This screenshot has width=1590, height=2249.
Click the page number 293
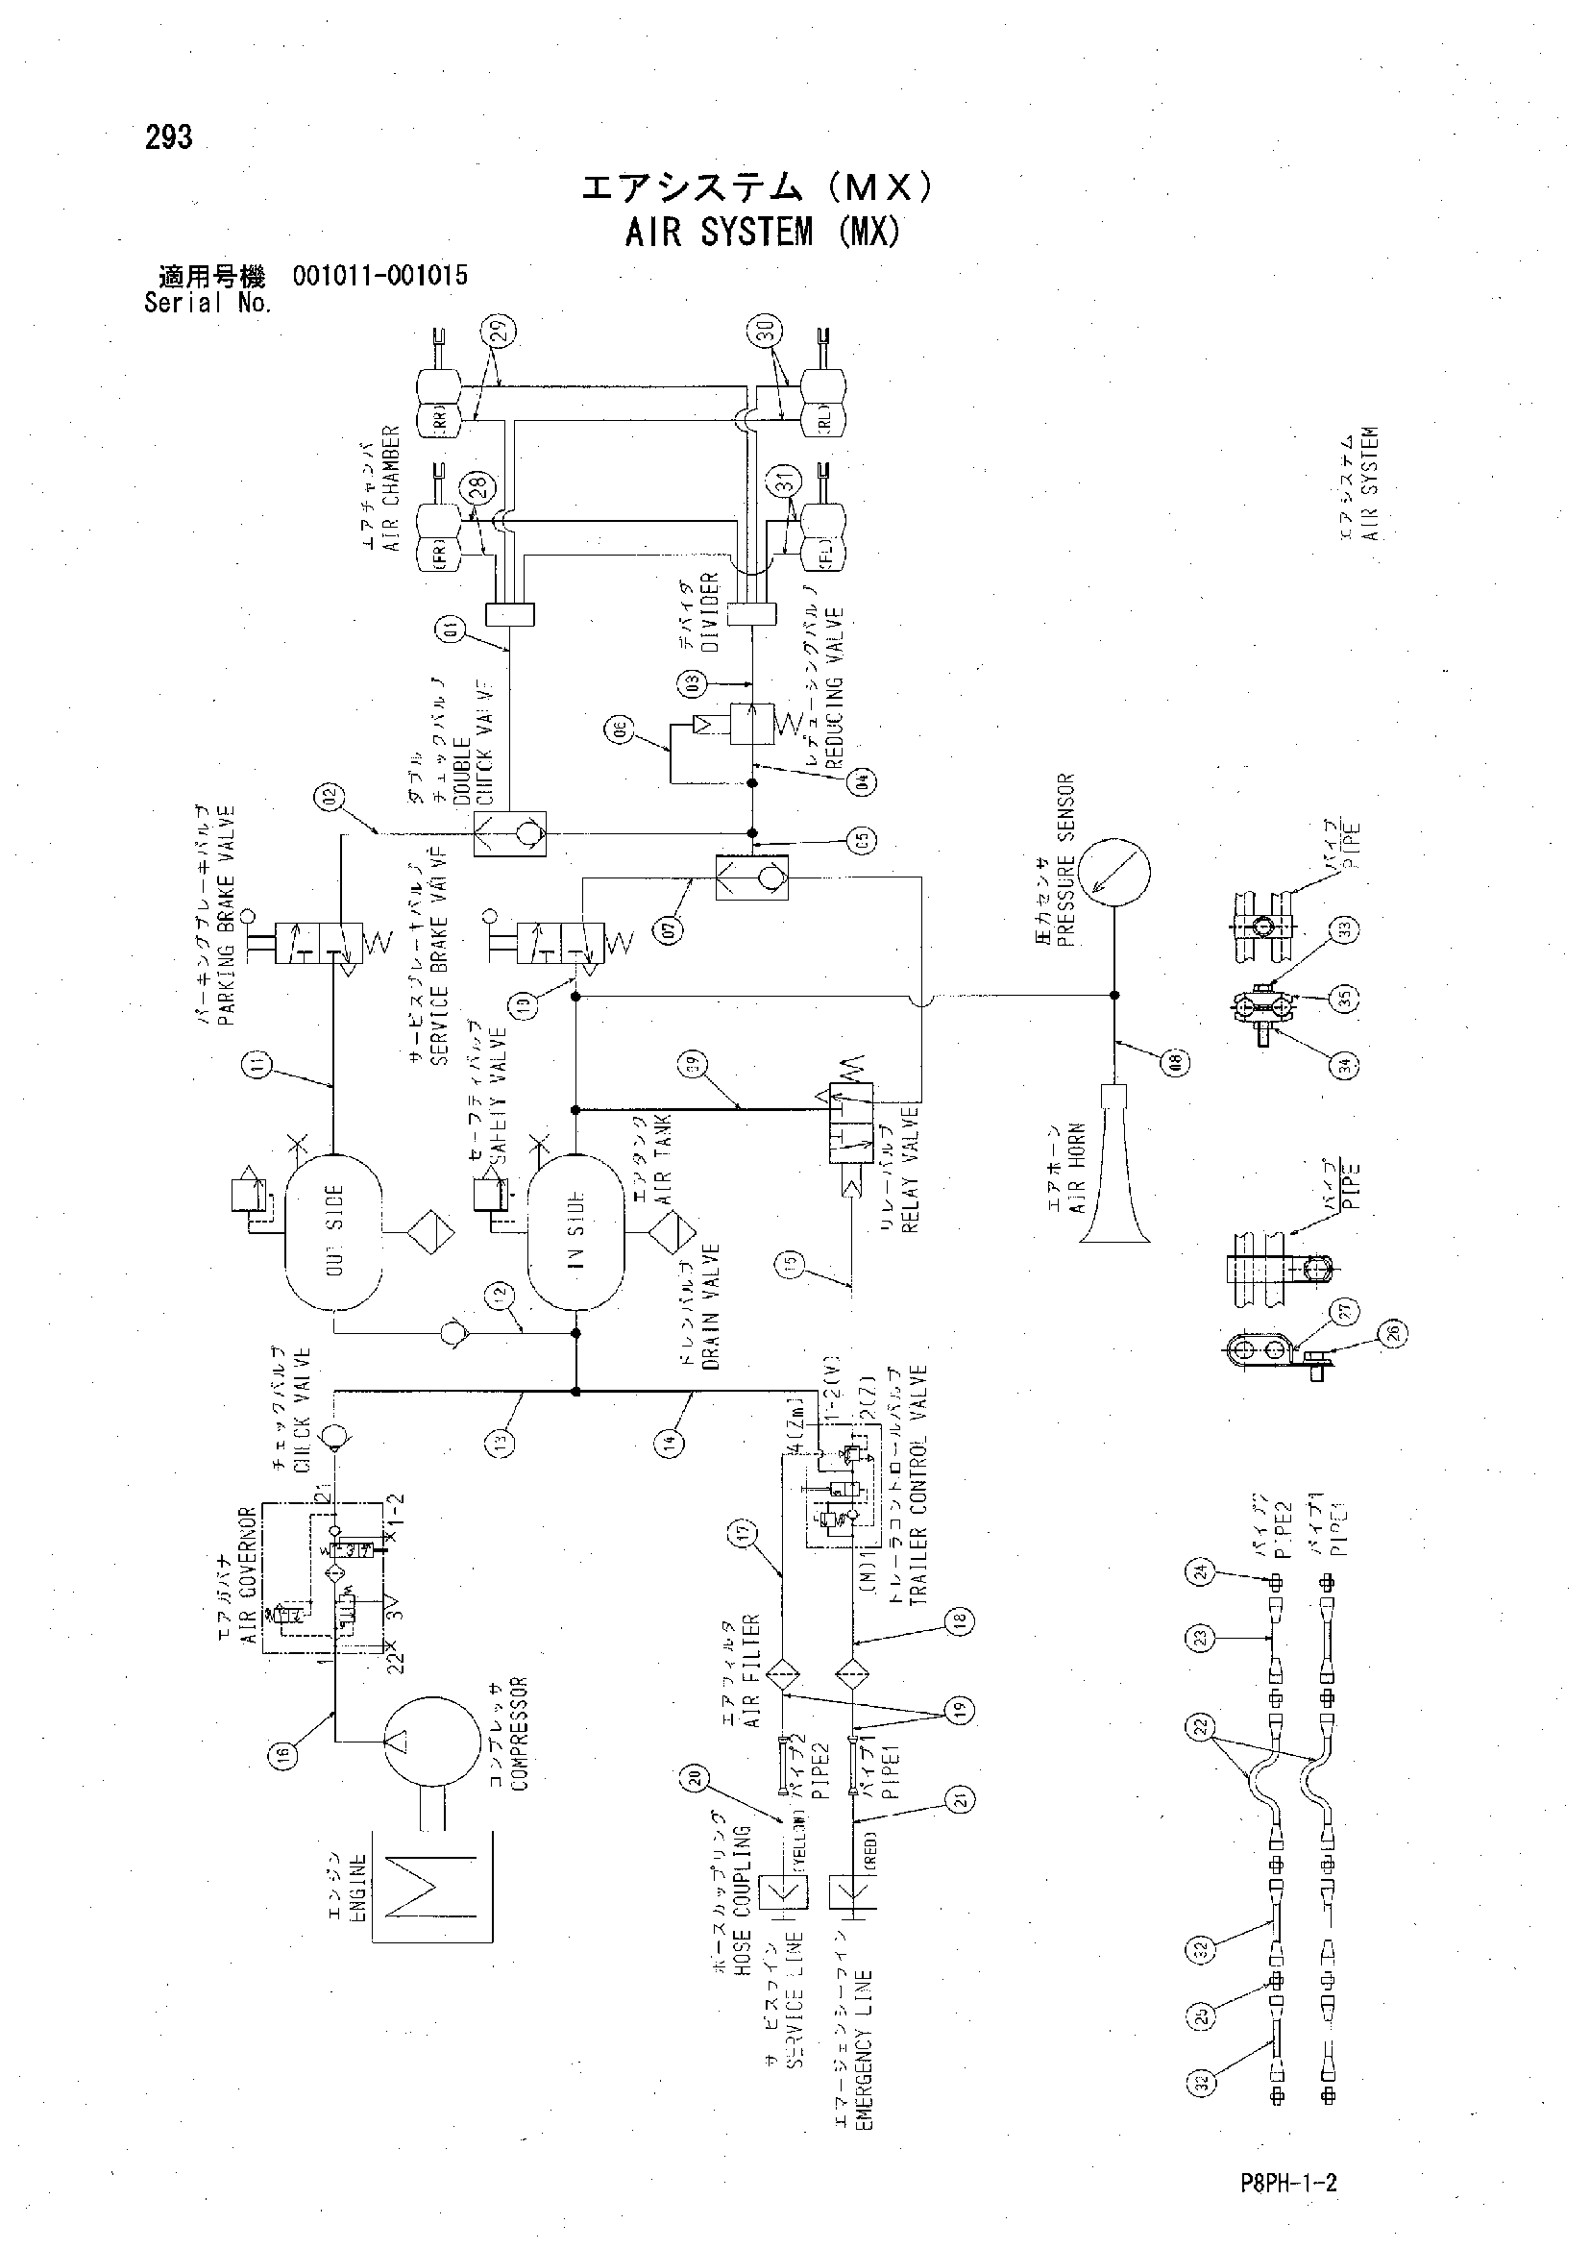(x=168, y=138)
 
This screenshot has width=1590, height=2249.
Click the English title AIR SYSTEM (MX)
(x=762, y=232)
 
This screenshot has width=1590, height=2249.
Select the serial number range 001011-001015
(x=379, y=275)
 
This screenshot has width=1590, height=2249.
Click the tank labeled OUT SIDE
(x=331, y=1231)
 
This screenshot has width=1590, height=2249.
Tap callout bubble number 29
(x=501, y=334)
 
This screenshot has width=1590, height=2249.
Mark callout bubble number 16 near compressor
(x=283, y=1757)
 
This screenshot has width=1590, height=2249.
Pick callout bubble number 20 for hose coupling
(x=694, y=1780)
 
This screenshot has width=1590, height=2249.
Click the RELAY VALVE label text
(x=910, y=1170)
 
